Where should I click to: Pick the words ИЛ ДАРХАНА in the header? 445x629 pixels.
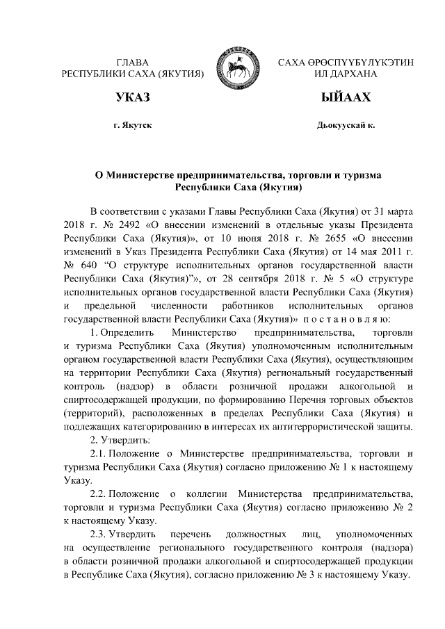346,74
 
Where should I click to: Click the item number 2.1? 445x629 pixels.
98,453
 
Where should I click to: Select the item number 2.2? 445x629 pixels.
98,493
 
